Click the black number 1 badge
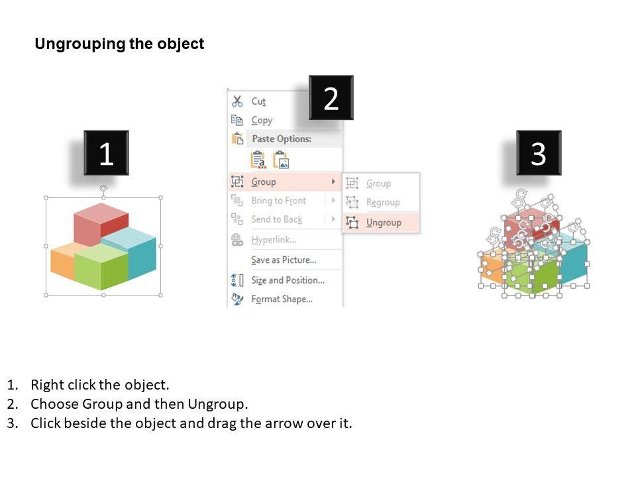(x=106, y=154)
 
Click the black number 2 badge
(x=331, y=98)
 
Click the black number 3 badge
(x=538, y=154)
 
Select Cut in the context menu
(x=258, y=101)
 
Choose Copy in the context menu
(x=262, y=121)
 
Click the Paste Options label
(x=281, y=139)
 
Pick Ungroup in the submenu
(x=384, y=223)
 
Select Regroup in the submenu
(x=383, y=202)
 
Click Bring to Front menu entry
(x=278, y=201)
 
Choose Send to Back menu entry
(x=276, y=219)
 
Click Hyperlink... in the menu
(x=274, y=240)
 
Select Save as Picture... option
(x=284, y=260)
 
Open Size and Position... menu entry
(x=288, y=280)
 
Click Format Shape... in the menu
(x=282, y=299)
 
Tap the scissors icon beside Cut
(x=237, y=101)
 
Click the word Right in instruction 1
(x=46, y=385)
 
